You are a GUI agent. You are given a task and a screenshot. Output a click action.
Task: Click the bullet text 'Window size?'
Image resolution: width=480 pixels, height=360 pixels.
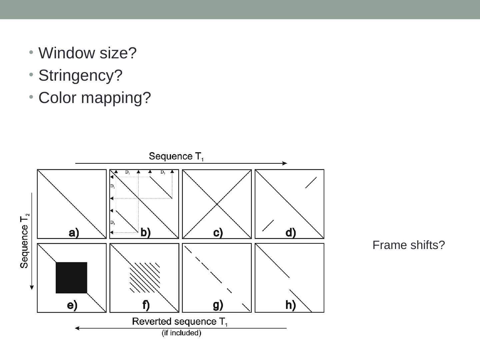[87, 53]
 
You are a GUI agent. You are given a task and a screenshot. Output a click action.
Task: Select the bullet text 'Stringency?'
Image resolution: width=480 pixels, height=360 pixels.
[80, 75]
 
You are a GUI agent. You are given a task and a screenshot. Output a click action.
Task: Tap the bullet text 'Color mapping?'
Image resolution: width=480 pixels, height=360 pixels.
[95, 98]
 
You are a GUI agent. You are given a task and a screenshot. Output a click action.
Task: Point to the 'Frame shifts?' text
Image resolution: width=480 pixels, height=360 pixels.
[409, 245]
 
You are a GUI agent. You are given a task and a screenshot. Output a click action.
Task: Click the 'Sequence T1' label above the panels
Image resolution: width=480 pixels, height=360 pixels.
[176, 156]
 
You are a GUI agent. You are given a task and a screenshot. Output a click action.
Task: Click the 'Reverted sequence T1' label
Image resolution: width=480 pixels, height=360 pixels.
[180, 322]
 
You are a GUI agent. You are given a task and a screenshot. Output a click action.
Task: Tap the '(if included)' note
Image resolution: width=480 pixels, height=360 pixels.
[181, 333]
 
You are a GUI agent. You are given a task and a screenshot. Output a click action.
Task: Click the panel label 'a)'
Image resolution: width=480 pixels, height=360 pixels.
[74, 233]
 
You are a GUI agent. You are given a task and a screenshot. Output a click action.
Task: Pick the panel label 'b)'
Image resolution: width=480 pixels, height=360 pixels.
[146, 232]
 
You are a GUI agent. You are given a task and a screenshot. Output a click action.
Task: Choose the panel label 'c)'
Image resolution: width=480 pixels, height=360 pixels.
[218, 233]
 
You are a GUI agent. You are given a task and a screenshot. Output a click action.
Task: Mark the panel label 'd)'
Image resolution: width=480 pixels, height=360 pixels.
[291, 233]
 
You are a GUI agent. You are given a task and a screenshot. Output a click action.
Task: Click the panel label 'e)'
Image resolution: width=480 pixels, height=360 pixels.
[72, 305]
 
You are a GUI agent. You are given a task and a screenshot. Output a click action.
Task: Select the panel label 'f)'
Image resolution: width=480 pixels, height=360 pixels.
[146, 305]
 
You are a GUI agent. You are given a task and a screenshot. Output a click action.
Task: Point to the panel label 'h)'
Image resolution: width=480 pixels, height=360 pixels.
[290, 305]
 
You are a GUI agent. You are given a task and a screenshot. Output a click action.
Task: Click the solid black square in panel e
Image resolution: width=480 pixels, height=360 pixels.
[71, 278]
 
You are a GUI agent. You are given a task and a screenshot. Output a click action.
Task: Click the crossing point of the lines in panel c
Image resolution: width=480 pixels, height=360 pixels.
[217, 204]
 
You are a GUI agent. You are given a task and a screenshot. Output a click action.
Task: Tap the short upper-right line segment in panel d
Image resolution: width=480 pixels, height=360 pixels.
[311, 182]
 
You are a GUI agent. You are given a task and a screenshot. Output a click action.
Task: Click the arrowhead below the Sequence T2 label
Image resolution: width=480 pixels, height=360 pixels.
[32, 287]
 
